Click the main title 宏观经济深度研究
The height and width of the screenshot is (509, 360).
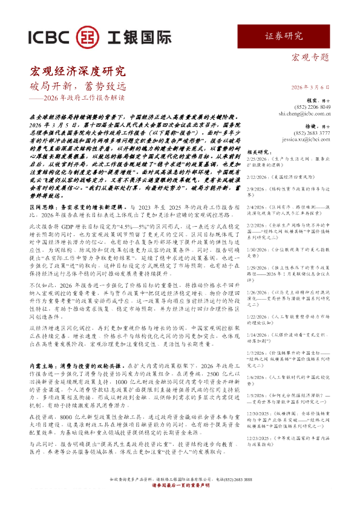[x=77, y=71]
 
